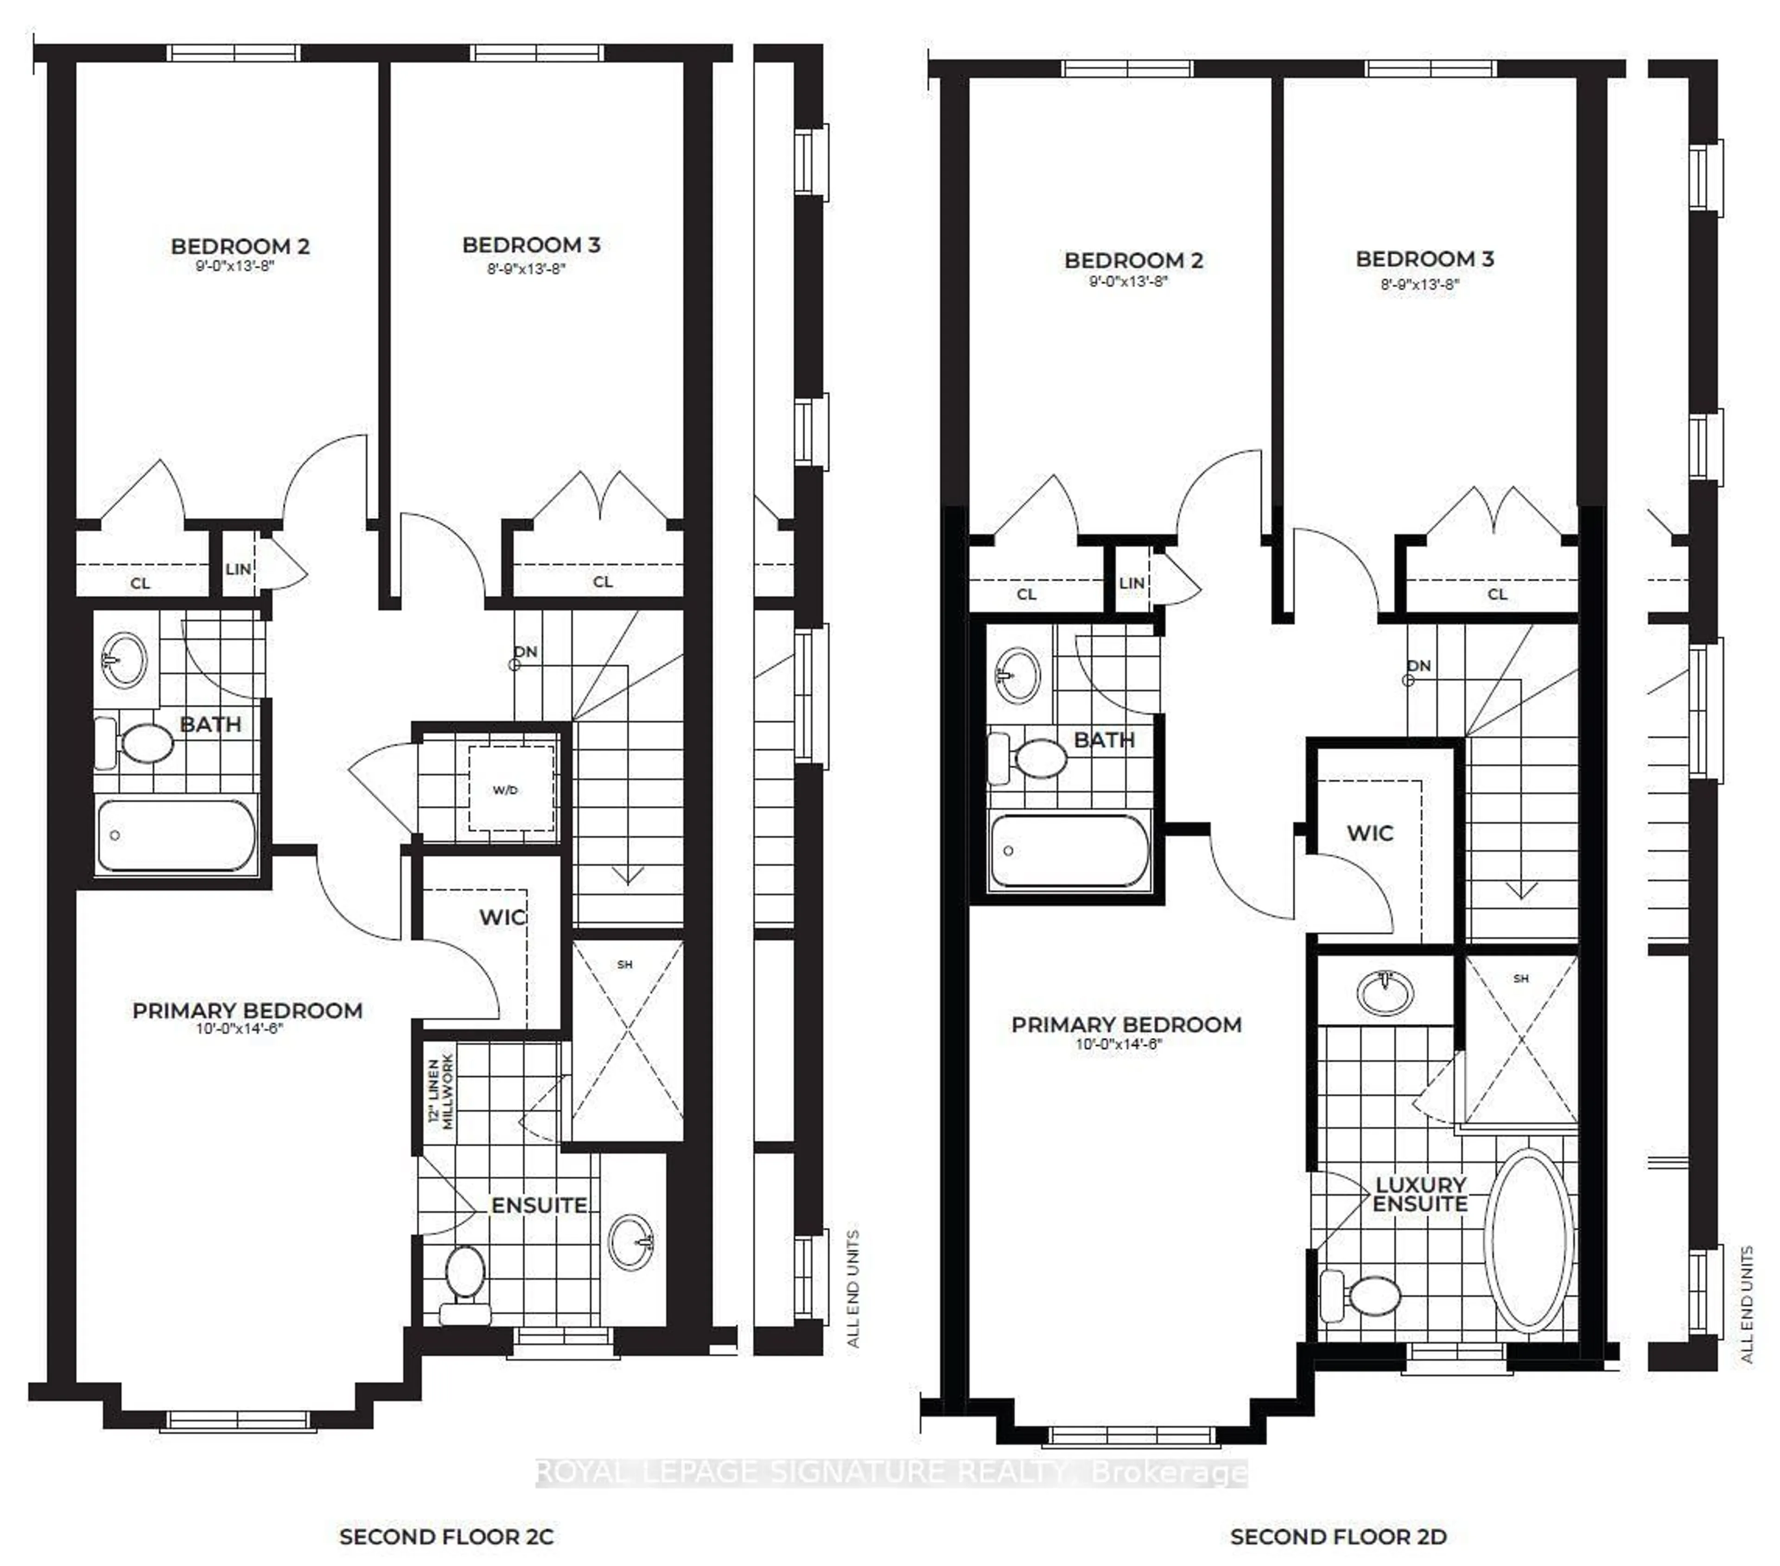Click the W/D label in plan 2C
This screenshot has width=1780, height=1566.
tap(505, 790)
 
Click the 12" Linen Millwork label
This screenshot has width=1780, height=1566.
tap(441, 1092)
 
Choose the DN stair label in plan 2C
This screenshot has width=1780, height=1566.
tap(525, 652)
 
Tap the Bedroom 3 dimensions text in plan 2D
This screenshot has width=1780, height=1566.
tap(1419, 284)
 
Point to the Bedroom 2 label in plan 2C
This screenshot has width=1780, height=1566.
tap(241, 247)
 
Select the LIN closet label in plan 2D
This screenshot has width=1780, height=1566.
tap(1131, 583)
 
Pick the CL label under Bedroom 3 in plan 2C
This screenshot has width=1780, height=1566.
tap(603, 582)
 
